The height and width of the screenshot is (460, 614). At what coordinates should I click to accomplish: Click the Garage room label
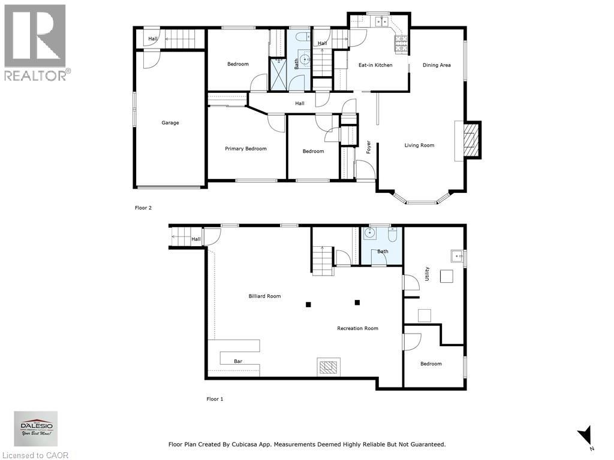pos(170,123)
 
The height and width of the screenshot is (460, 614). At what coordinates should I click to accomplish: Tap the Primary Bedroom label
pos(246,149)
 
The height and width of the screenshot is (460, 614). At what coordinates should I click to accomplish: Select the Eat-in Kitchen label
pos(375,65)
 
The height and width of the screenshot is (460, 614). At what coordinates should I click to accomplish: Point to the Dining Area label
pos(437,65)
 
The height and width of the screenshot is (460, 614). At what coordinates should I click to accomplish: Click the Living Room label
pos(419,145)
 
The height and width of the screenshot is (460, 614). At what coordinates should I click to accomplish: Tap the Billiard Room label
pos(264,296)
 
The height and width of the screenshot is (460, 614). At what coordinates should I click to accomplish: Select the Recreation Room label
pos(357,328)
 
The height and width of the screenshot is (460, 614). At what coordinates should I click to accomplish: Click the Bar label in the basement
pos(238,361)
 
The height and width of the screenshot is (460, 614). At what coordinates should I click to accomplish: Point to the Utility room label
pos(428,274)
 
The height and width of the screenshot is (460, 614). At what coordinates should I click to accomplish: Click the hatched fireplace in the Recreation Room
pos(329,366)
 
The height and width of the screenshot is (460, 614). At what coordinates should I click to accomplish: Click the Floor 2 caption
pos(143,208)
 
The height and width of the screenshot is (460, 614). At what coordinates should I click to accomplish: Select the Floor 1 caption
pos(215,399)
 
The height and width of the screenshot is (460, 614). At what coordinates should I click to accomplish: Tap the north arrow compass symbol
pos(585,435)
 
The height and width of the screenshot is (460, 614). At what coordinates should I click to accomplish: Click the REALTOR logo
pos(35,43)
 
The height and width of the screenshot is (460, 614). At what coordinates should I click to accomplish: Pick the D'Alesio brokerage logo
pos(37,429)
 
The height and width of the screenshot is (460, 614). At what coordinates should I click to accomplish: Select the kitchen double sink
pos(381,22)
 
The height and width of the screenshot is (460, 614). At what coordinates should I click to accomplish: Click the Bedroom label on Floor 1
pos(431,364)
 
